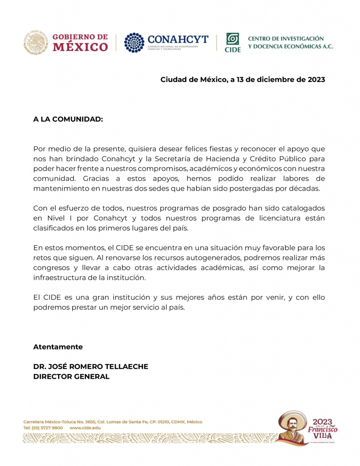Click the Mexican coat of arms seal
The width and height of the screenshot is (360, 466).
tap(35, 42)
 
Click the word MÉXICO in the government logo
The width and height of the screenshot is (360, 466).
tap(81, 47)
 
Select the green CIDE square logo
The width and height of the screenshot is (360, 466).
tap(233, 39)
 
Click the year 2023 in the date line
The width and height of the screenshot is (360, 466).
tap(316, 80)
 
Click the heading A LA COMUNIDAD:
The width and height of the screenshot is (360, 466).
tap(68, 119)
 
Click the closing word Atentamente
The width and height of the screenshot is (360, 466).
tap(58, 347)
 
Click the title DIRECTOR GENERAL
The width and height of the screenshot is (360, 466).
tap(71, 376)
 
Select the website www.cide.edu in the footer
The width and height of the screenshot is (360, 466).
tap(86, 428)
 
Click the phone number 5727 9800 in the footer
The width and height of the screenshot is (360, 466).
tap(52, 428)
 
